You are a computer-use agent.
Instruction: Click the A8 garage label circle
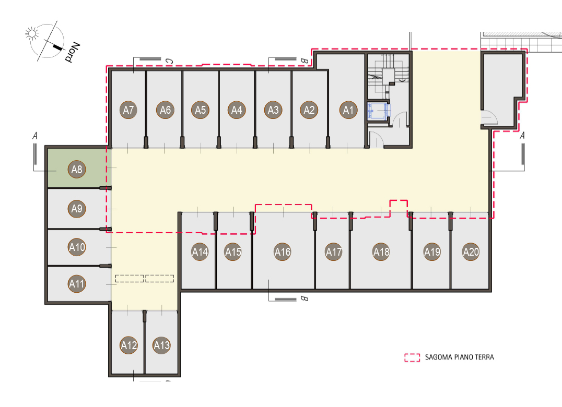[77, 169]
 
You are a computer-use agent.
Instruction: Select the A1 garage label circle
[348, 110]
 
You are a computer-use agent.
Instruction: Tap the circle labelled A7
[128, 110]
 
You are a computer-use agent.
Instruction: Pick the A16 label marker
[283, 252]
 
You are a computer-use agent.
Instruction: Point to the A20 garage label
[471, 252]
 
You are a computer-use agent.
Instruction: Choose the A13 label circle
[161, 345]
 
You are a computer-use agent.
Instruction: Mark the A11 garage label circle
[77, 284]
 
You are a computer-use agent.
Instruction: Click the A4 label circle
[237, 110]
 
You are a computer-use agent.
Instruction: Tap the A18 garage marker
[381, 252]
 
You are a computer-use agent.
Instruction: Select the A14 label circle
[200, 252]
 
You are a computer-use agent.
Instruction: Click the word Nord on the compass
[72, 52]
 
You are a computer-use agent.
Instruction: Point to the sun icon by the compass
[32, 33]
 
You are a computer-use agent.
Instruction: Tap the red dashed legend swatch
[412, 357]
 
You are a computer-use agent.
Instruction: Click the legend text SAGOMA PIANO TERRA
[460, 357]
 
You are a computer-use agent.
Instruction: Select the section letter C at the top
[169, 62]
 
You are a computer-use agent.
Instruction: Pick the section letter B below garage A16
[304, 298]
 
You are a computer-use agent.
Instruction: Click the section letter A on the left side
[35, 136]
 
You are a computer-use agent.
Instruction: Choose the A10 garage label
[77, 247]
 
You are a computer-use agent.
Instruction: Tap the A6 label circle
[165, 110]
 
